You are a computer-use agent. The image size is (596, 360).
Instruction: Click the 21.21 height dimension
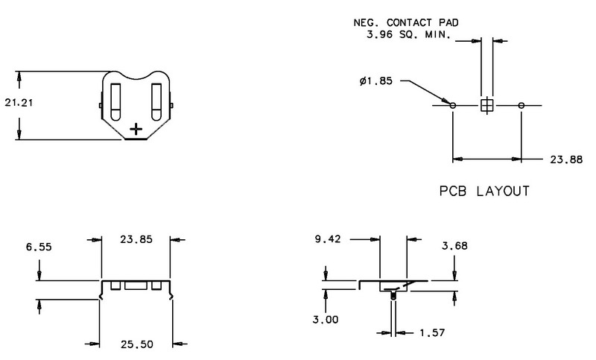point(19,103)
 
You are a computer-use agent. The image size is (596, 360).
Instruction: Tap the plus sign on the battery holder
point(136,129)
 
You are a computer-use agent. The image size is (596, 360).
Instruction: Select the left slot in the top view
point(115,102)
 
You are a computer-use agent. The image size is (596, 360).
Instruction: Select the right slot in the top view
point(156,102)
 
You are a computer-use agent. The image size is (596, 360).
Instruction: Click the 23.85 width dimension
point(136,239)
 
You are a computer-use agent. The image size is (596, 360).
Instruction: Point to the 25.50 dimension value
point(137,344)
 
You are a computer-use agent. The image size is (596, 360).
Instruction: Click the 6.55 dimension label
point(39,247)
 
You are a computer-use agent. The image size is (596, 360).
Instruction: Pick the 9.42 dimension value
point(328,239)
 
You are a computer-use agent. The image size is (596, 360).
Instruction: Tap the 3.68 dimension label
point(454,246)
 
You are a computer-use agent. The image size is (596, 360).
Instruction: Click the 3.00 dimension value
point(326,319)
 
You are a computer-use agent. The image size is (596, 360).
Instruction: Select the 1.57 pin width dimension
point(432,333)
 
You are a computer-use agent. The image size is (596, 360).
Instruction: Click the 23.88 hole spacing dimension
point(566,160)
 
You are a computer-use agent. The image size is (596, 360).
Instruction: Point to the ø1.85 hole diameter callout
point(376,81)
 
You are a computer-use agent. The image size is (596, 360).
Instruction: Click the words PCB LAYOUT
point(484,191)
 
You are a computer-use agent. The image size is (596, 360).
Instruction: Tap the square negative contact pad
point(487,105)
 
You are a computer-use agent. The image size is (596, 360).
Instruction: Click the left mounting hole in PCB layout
point(453,105)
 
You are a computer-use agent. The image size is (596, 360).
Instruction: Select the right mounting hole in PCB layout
point(521,105)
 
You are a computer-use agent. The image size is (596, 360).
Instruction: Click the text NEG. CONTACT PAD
point(406,23)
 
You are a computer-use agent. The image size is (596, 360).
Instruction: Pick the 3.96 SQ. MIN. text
point(408,34)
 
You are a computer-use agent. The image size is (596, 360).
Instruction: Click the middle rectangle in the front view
point(136,286)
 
